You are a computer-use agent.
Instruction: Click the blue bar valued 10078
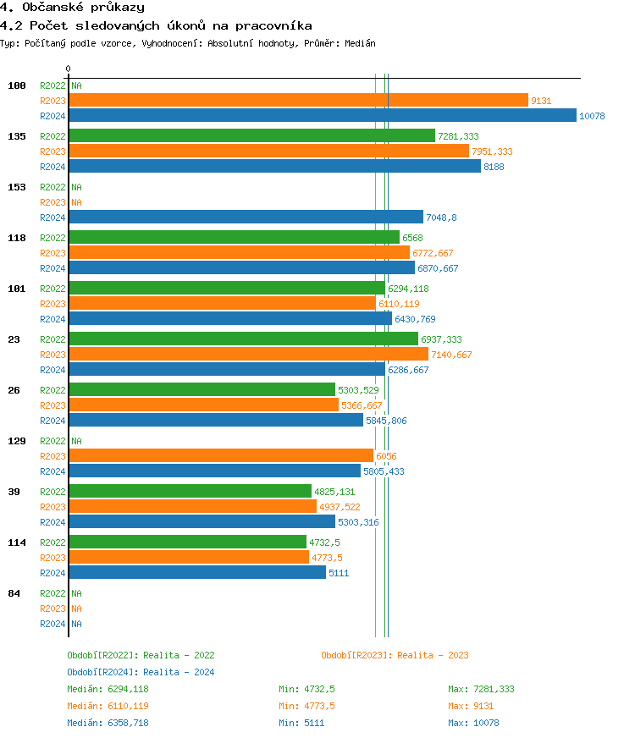(x=322, y=116)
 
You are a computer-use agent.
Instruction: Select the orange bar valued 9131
(x=298, y=101)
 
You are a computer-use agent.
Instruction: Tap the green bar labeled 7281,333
(x=251, y=136)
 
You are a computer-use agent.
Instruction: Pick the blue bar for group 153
(x=246, y=218)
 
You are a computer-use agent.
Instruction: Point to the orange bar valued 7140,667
(x=248, y=355)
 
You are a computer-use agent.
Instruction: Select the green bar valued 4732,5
(x=187, y=542)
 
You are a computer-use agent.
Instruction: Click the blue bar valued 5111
(x=196, y=573)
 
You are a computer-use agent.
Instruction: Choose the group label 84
(x=14, y=593)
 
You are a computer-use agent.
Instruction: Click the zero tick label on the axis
(x=69, y=69)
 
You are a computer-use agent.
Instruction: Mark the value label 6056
(x=386, y=456)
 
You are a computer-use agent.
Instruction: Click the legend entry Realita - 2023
(x=395, y=655)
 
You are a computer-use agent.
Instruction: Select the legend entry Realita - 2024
(x=141, y=672)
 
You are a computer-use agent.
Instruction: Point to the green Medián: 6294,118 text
(x=108, y=689)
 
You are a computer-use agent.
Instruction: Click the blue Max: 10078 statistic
(x=473, y=723)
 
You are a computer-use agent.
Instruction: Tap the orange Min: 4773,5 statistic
(x=306, y=706)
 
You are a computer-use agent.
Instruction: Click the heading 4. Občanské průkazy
(x=72, y=8)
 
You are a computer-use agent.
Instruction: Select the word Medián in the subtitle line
(x=361, y=43)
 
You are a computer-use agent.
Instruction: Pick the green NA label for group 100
(x=76, y=85)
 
